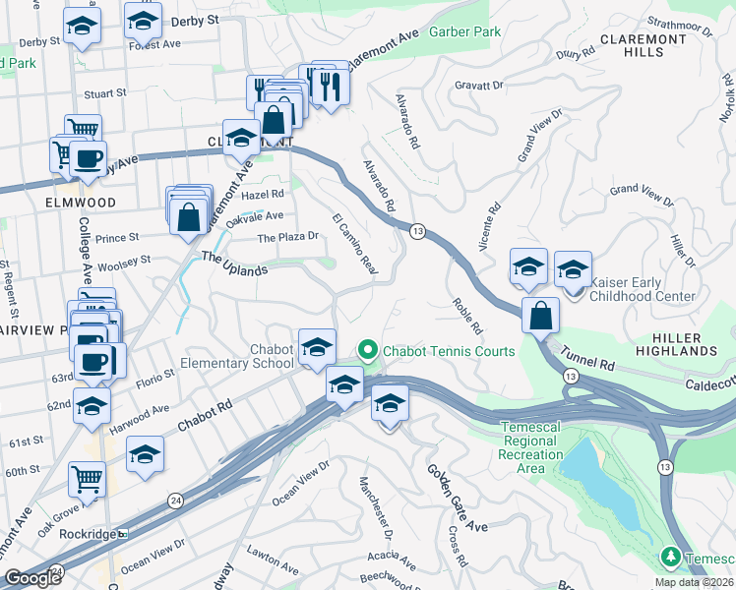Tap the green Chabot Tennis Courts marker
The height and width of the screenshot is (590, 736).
(x=367, y=350)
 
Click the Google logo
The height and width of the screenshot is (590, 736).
(x=32, y=578)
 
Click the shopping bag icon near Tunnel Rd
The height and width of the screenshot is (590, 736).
(x=540, y=316)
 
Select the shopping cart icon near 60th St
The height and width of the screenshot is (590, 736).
(x=87, y=479)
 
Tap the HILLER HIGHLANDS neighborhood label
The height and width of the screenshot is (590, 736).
(x=689, y=345)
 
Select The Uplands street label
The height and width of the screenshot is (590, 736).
(x=234, y=263)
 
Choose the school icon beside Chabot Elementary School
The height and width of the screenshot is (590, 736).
(x=317, y=346)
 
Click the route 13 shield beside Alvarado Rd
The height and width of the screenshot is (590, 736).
(x=418, y=230)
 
